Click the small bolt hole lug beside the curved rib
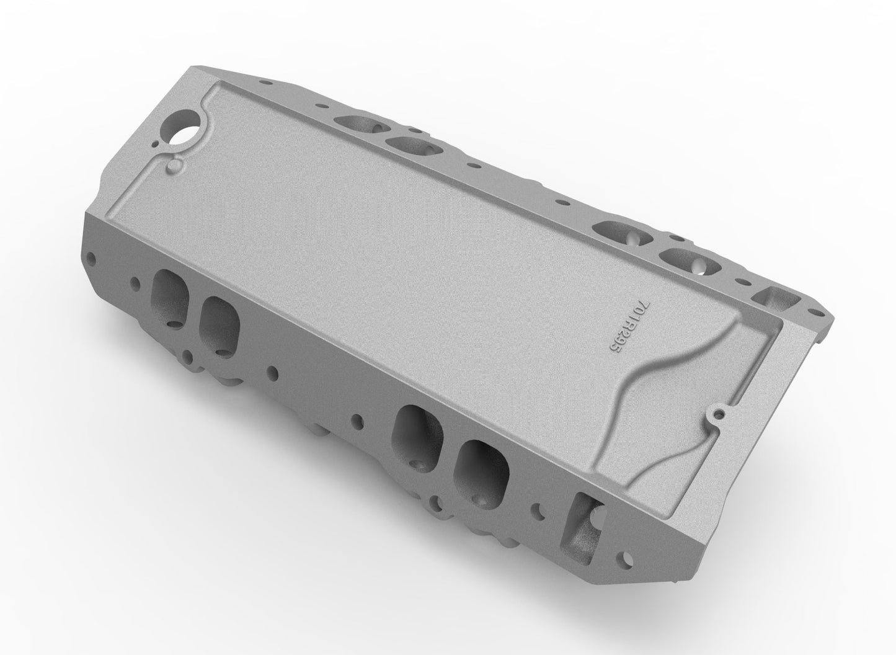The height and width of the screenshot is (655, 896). (719, 411)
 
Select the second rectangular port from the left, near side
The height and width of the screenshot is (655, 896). (220, 318)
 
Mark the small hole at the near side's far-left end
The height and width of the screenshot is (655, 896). (93, 256)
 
